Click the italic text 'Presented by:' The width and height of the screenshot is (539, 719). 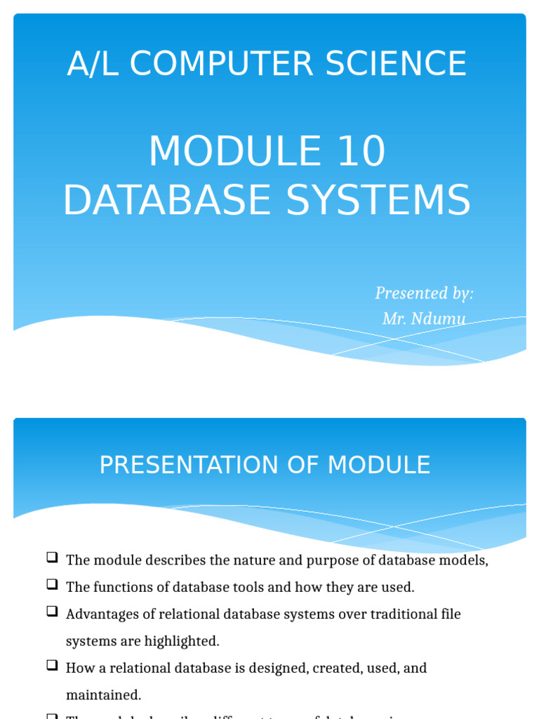(424, 293)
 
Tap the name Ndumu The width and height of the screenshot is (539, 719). (439, 319)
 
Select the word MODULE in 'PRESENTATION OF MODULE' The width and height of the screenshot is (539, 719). (378, 465)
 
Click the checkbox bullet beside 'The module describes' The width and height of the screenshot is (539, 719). (52, 558)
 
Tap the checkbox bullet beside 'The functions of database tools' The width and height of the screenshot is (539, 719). (52, 585)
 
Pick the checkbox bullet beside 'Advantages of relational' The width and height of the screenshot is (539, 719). (52, 612)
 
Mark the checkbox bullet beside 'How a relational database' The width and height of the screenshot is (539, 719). (52, 666)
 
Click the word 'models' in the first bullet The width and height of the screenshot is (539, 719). (463, 560)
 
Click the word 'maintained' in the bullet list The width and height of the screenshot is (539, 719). (103, 695)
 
